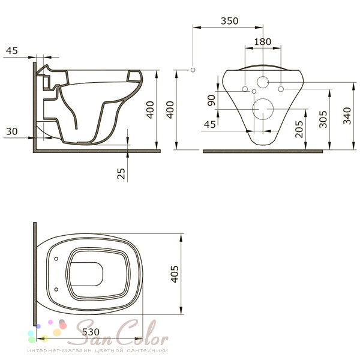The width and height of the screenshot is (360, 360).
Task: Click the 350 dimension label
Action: (x=229, y=21)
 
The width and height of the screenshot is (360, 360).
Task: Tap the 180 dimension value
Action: (x=262, y=42)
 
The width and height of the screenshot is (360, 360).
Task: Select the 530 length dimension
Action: (x=91, y=332)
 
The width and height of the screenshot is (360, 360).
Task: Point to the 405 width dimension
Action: (x=175, y=274)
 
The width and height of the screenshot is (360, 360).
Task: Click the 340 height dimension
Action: (x=347, y=116)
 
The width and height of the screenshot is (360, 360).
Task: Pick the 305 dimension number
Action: (x=323, y=119)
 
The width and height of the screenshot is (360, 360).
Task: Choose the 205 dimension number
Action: (x=299, y=129)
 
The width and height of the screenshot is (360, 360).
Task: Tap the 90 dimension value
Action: (x=211, y=100)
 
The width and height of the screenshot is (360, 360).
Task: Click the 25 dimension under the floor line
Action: (x=121, y=173)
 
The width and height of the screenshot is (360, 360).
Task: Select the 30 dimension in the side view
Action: (x=12, y=131)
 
